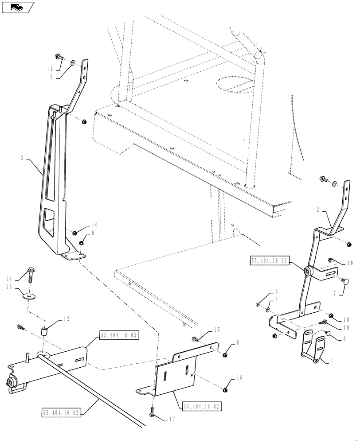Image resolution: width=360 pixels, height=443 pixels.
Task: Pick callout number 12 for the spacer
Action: tap(67, 319)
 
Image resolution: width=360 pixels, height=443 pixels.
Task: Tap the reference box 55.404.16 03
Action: tap(120, 336)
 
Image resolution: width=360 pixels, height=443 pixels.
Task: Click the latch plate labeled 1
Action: tap(314, 350)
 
